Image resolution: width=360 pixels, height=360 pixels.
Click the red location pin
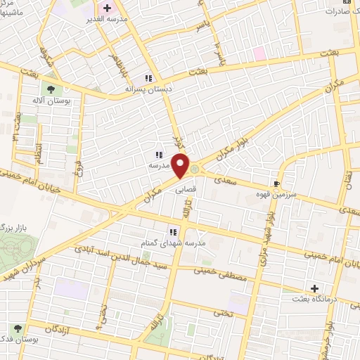(x=182, y=167)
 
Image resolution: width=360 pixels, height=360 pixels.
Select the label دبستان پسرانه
(x=148, y=90)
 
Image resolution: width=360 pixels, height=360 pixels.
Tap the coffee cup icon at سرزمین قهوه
(x=285, y=181)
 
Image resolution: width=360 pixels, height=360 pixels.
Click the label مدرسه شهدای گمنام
(x=172, y=243)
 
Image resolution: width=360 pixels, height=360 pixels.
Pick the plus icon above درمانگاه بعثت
(x=314, y=288)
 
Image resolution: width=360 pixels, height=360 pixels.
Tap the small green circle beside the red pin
(x=195, y=167)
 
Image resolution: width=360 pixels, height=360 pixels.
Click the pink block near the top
(x=259, y=53)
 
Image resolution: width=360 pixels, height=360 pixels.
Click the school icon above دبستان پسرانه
(x=148, y=79)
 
